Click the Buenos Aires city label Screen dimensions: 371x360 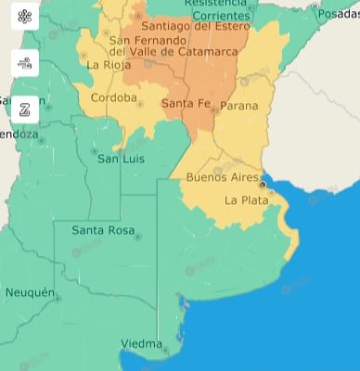pyautogui.click(x=218, y=176)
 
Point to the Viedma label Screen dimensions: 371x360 pyautogui.click(x=141, y=344)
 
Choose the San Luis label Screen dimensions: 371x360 pyautogui.click(x=122, y=159)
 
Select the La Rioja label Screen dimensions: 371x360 pyautogui.click(x=107, y=65)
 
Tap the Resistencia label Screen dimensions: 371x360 pyautogui.click(x=216, y=4)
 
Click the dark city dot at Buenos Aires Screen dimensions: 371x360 pyautogui.click(x=263, y=185)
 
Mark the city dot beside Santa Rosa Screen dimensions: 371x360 pyautogui.click(x=138, y=237)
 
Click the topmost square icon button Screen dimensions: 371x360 pyautogui.click(x=25, y=17)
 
